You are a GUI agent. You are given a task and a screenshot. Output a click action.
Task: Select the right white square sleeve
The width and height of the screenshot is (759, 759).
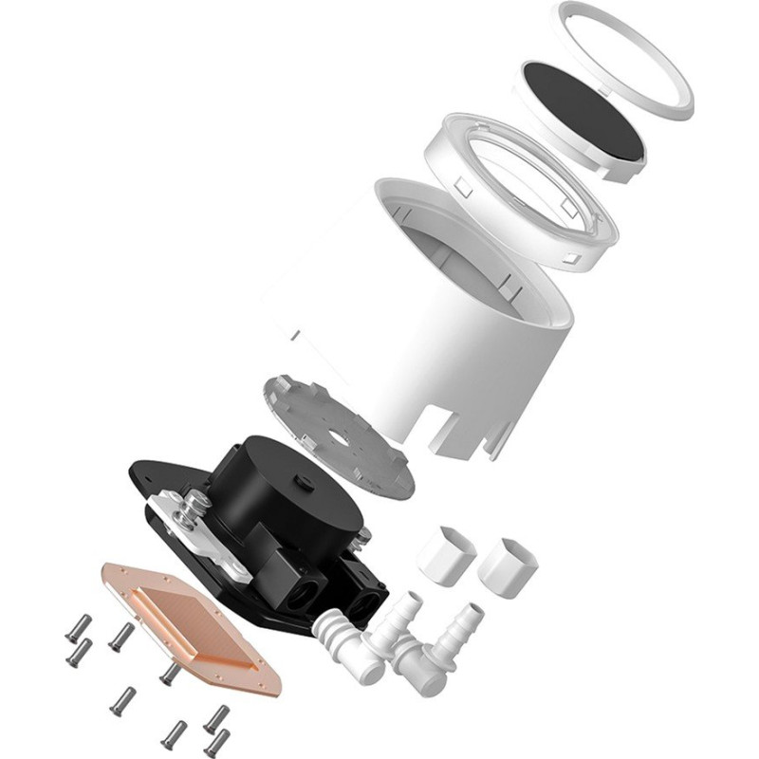pyautogui.click(x=508, y=564)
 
